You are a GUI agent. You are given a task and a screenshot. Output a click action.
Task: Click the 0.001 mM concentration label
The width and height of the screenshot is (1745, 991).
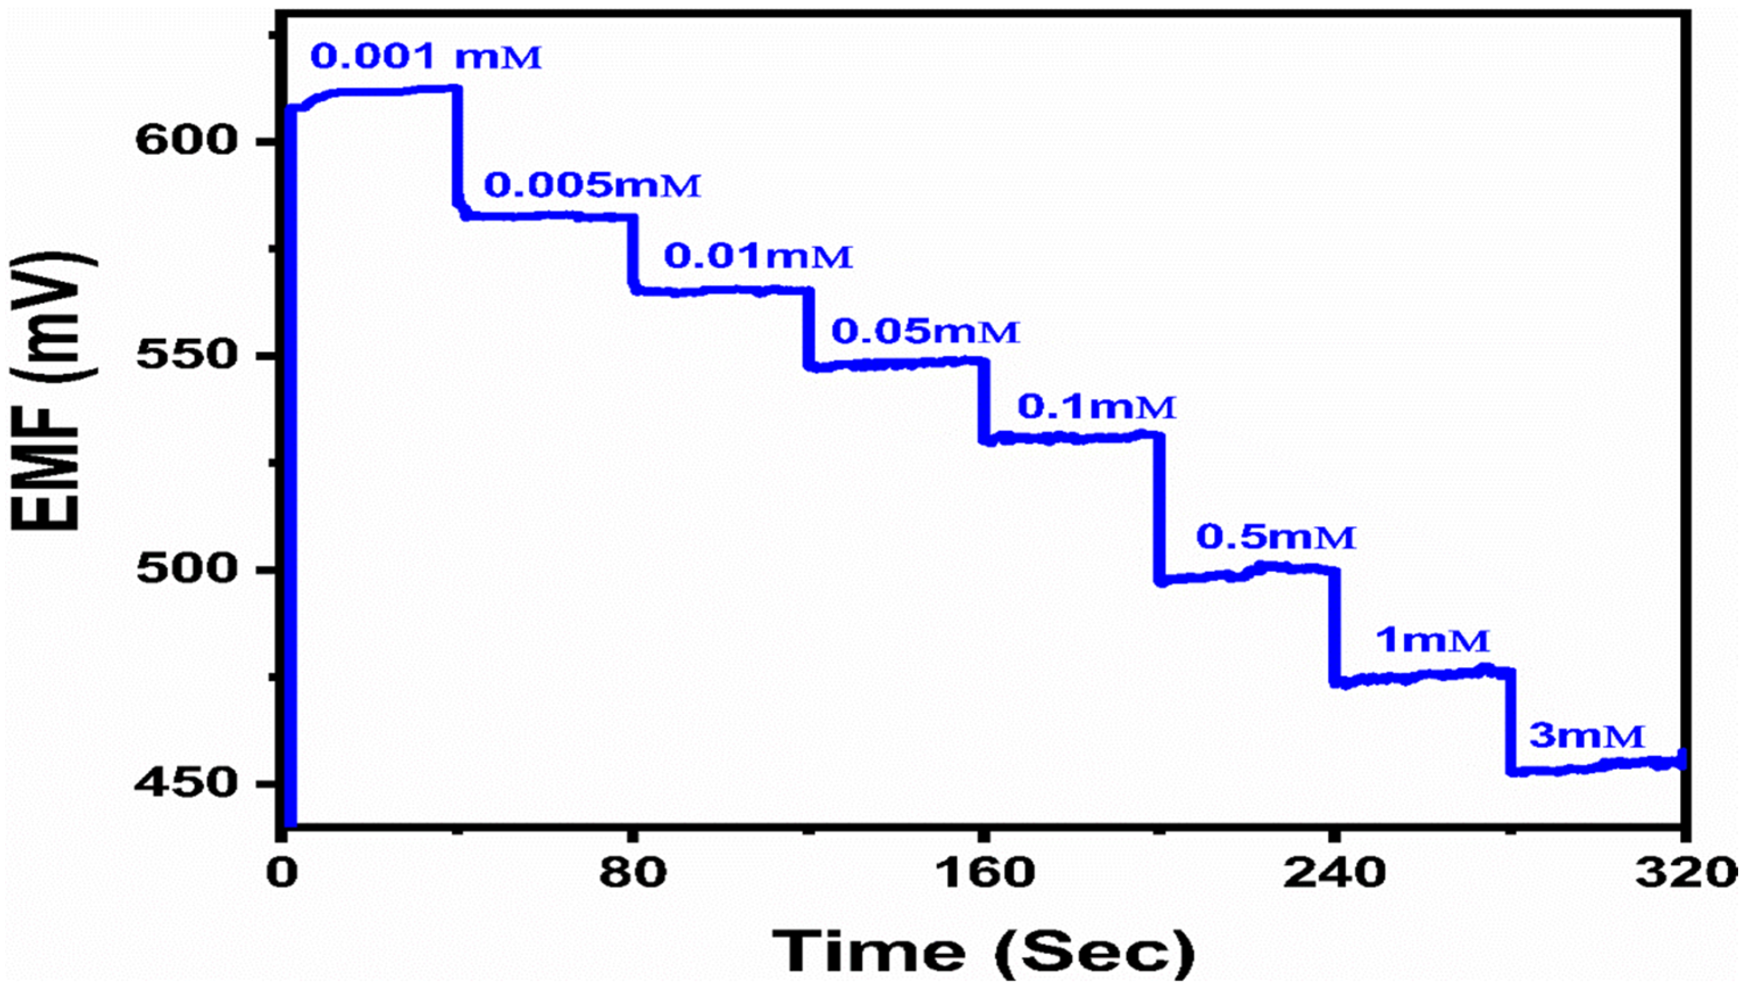tap(426, 57)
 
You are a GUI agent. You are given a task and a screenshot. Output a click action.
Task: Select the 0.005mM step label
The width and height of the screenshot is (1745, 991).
tap(592, 185)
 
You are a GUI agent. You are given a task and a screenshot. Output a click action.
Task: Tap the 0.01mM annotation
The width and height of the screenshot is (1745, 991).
tap(758, 257)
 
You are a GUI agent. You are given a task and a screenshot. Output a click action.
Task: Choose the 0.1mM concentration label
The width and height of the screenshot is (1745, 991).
tap(1097, 407)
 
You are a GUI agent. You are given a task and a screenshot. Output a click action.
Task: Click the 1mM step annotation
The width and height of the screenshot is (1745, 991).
tap(1432, 640)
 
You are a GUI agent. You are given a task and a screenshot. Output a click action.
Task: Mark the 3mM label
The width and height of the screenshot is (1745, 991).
tap(1587, 736)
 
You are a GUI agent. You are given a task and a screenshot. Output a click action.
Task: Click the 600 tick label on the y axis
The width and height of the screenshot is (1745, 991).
tap(186, 141)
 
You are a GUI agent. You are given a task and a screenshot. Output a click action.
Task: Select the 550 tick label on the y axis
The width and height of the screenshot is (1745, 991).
tap(186, 355)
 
